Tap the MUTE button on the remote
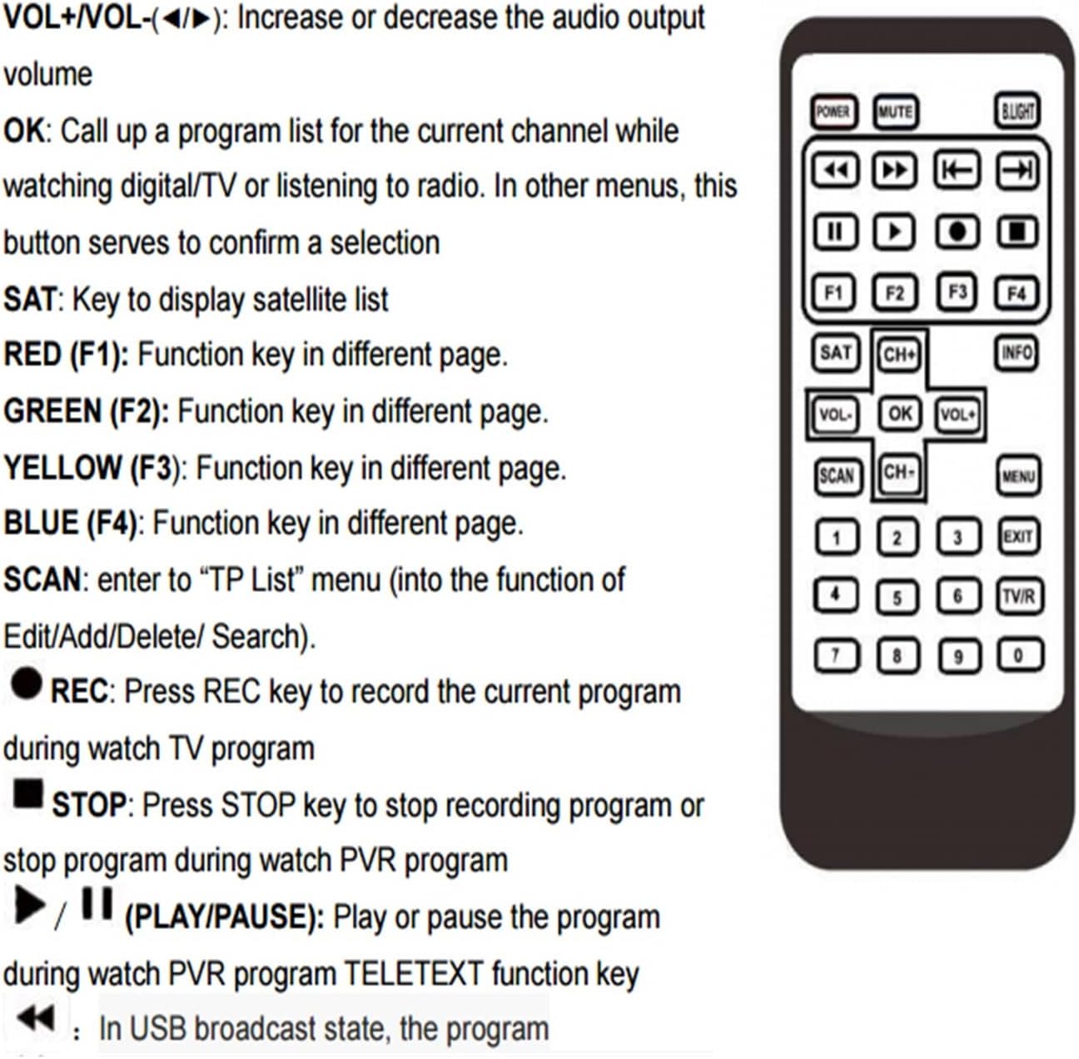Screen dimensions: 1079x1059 click(895, 112)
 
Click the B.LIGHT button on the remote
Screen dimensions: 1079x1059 click(1017, 111)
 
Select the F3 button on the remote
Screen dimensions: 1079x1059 click(957, 291)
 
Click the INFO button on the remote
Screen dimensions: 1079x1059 click(1017, 353)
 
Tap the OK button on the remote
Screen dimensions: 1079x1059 click(900, 414)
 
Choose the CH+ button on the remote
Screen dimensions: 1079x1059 click(898, 354)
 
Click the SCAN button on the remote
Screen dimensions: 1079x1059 click(837, 476)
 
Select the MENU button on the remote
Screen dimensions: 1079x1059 click(1018, 476)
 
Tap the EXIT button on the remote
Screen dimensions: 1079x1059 click(1018, 536)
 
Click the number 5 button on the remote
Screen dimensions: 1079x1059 click(897, 598)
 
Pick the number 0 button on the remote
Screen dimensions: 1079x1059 click(1020, 654)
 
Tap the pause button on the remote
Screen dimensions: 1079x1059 click(835, 231)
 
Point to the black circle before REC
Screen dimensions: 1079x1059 click(27, 684)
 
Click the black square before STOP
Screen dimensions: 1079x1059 click(28, 793)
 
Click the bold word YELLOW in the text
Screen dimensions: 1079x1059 click(62, 467)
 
